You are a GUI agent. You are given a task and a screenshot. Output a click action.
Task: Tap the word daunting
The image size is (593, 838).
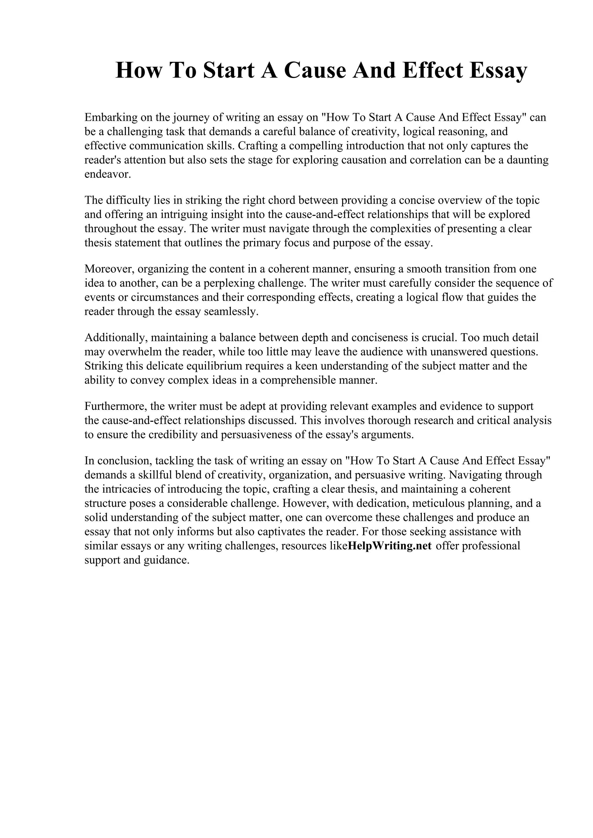[528, 160]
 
